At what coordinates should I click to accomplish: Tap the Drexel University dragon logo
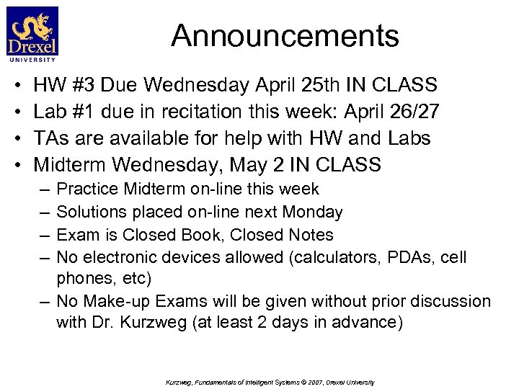32,33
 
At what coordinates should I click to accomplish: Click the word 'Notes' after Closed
311,235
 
